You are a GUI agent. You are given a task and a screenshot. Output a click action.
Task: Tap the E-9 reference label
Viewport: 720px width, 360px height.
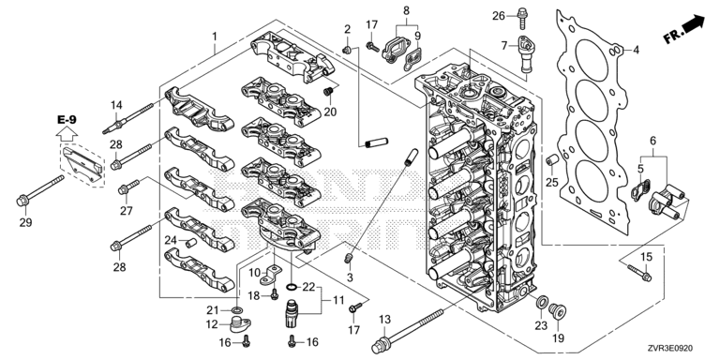67,120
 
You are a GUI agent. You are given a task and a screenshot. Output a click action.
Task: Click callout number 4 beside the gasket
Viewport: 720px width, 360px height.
636,51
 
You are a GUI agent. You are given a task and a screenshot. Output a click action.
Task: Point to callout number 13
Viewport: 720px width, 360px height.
384,320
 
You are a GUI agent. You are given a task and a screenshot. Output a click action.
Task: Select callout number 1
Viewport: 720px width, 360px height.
215,36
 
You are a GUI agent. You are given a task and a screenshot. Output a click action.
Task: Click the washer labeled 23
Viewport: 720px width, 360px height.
542,302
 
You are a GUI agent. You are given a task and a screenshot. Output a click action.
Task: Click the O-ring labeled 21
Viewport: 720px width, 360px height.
237,308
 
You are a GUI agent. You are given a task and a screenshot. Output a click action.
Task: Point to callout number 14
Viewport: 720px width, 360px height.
116,105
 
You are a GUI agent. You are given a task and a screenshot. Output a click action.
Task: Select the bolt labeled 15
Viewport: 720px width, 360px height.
638,273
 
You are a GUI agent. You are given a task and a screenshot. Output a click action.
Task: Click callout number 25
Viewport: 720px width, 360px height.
552,182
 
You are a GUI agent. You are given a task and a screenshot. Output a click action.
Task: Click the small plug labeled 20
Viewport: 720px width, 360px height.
328,91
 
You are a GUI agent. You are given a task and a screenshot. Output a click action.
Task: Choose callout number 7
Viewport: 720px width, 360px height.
504,45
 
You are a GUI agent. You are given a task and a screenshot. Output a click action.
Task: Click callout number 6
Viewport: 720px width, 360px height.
652,141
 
